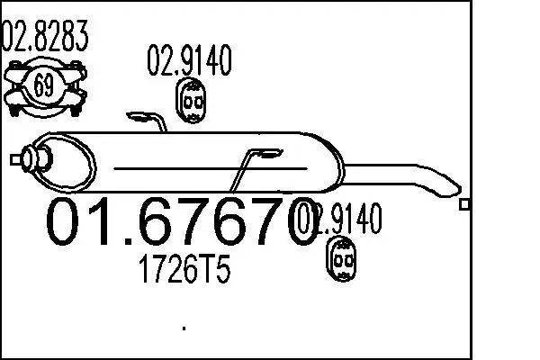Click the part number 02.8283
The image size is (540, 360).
click(x=46, y=37)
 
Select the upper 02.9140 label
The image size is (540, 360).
click(x=190, y=62)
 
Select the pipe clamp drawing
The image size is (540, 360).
click(x=42, y=86)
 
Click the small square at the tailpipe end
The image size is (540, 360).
click(x=464, y=205)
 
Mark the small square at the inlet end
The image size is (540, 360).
click(x=13, y=159)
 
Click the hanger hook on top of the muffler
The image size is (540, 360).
click(x=148, y=120)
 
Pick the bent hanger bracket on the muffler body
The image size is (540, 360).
click(x=247, y=167)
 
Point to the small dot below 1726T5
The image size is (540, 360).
click(x=184, y=328)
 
